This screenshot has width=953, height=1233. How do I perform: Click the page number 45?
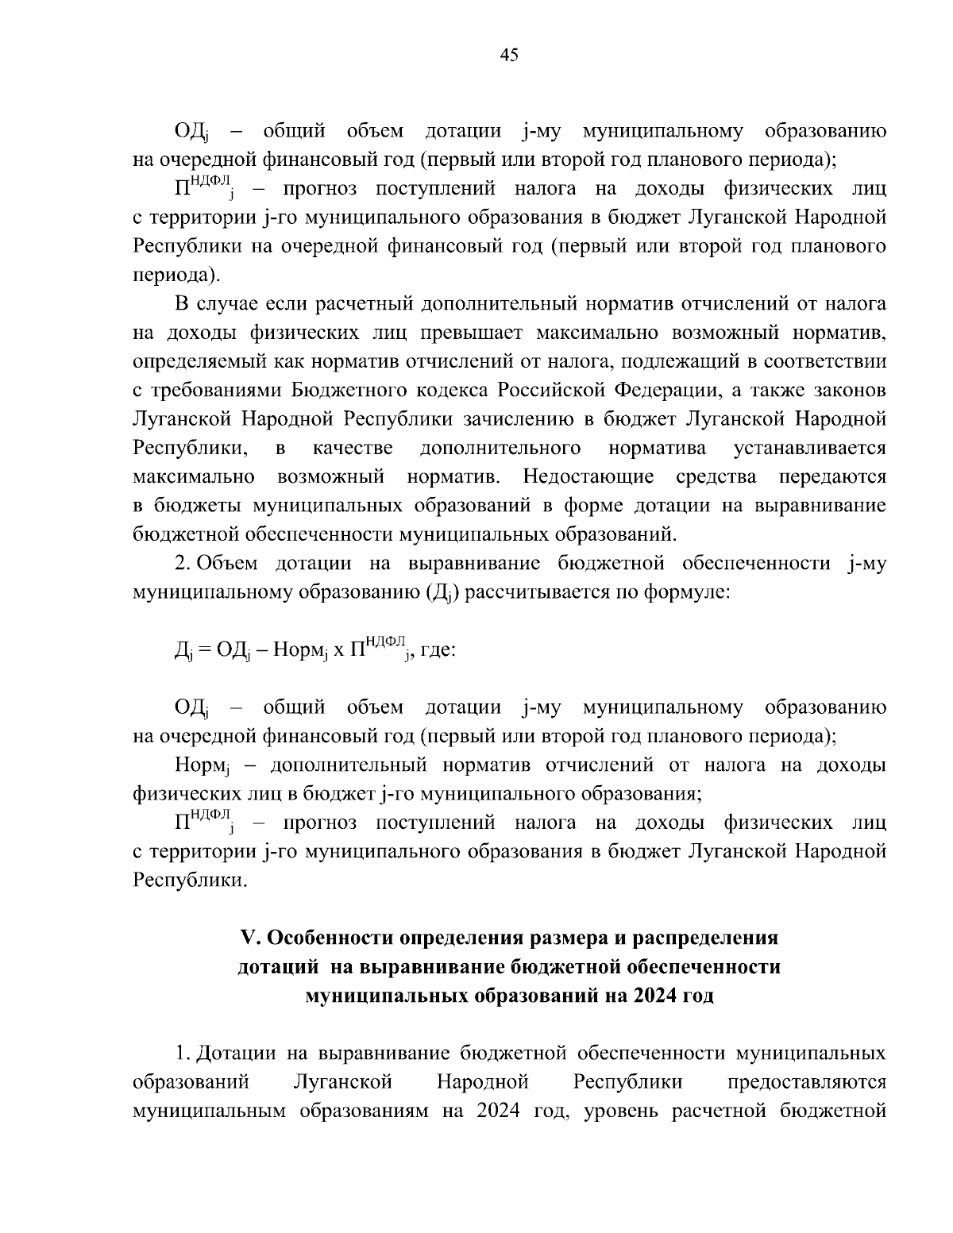[x=509, y=55]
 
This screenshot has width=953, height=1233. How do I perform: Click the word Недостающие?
[x=588, y=477]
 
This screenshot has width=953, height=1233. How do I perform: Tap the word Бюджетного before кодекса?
[x=344, y=390]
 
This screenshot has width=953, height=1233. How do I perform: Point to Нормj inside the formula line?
[x=300, y=651]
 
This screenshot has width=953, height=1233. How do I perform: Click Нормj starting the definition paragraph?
[x=202, y=766]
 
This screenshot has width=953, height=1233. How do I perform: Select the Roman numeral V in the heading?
[x=249, y=938]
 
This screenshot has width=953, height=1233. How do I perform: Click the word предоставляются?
[x=807, y=1082]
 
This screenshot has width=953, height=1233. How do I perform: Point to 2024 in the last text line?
[x=499, y=1111]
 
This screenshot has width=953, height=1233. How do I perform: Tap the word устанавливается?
[x=810, y=448]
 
